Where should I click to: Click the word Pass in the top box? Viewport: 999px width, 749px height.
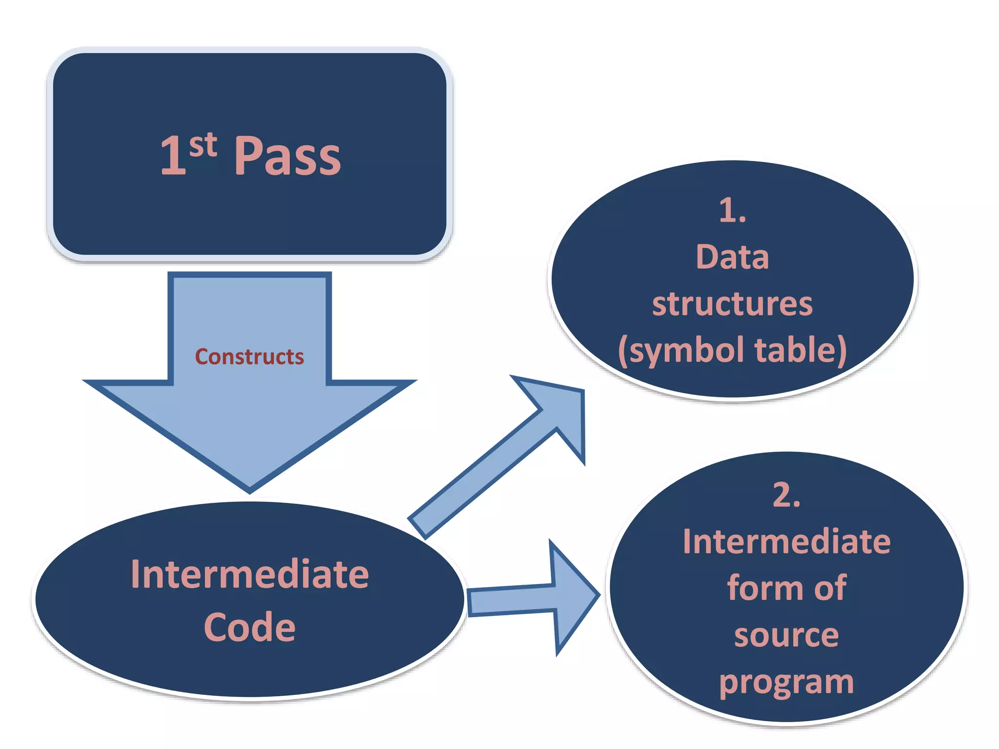coord(287,156)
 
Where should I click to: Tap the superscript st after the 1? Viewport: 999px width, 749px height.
coord(203,145)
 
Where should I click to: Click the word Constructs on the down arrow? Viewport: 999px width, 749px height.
coord(249,357)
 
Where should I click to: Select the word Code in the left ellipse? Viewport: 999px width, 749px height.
coord(249,627)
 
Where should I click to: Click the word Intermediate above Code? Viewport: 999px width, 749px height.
coord(249,574)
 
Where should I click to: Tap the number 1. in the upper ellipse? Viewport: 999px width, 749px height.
coord(732,211)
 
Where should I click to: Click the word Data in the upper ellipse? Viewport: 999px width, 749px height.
coord(732,257)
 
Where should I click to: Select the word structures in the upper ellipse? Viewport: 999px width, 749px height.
coord(732,304)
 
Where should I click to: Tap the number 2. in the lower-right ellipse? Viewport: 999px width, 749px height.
coord(786,495)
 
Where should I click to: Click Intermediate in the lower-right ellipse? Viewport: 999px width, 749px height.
coord(786,542)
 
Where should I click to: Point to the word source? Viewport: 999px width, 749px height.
coord(786,635)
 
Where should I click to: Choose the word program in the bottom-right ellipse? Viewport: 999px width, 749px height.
coord(786,682)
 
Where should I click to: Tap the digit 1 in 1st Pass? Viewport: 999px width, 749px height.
coord(173,156)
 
